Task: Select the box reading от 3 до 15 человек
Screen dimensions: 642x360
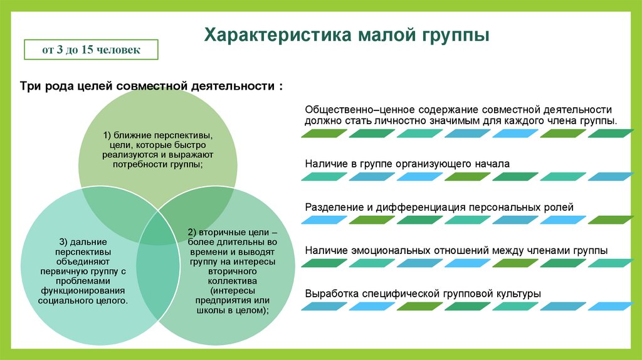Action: coord(91,50)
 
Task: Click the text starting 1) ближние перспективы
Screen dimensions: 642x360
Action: coord(157,149)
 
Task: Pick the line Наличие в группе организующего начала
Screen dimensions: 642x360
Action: coord(408,164)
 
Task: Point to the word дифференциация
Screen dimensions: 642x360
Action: coord(423,207)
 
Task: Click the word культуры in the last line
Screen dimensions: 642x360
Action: coord(518,294)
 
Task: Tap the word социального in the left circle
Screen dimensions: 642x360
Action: coord(66,300)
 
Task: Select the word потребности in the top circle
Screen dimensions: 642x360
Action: coord(140,164)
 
